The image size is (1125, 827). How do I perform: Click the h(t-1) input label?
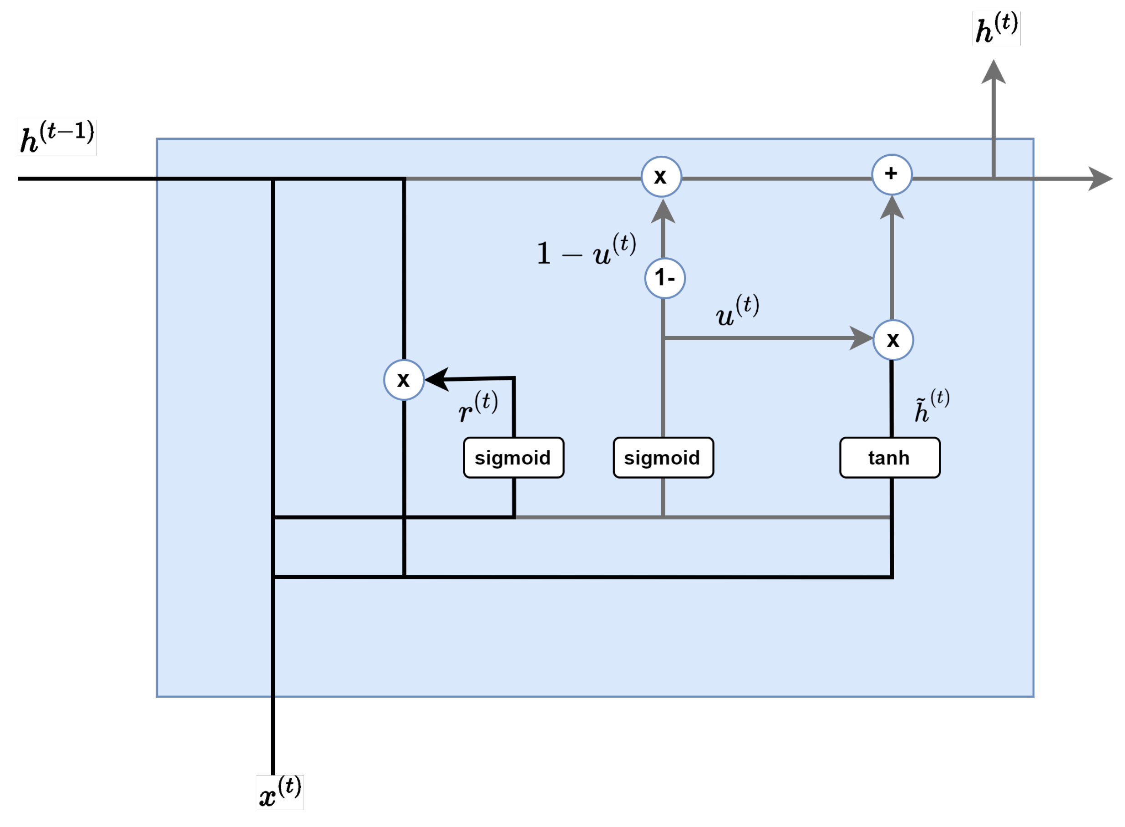56,138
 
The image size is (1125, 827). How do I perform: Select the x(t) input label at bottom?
279,792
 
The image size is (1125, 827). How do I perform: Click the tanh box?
889,458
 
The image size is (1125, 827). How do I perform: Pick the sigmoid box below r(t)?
513,458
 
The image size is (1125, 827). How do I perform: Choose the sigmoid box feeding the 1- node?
663,458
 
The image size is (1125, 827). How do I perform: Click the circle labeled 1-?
664,278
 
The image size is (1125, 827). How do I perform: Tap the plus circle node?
892,174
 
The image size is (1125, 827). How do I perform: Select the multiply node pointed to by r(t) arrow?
404,379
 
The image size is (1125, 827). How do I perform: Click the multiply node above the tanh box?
892,340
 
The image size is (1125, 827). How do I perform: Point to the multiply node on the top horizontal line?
661,176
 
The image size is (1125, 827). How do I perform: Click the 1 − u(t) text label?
586,250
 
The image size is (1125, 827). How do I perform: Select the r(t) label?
478,407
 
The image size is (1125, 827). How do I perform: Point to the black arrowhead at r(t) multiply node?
437,379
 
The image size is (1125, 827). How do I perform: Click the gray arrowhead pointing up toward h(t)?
993,72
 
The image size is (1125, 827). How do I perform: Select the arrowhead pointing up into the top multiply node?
663,212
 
